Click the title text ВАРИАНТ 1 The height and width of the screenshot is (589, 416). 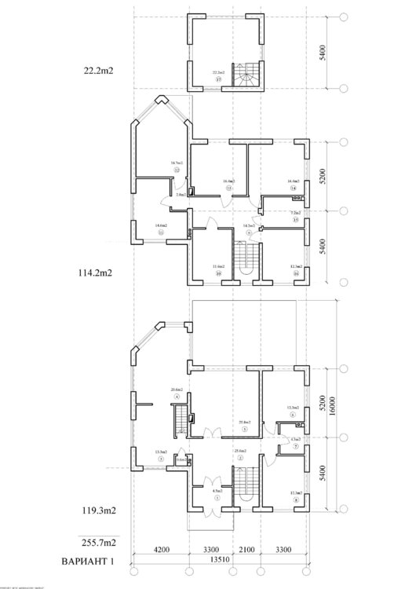click(93, 562)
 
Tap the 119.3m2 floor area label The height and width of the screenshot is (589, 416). click(98, 511)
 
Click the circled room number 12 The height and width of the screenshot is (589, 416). click(177, 170)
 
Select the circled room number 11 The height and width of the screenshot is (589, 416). click(160, 233)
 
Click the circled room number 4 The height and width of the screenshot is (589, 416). click(177, 397)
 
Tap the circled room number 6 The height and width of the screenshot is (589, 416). click(293, 415)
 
